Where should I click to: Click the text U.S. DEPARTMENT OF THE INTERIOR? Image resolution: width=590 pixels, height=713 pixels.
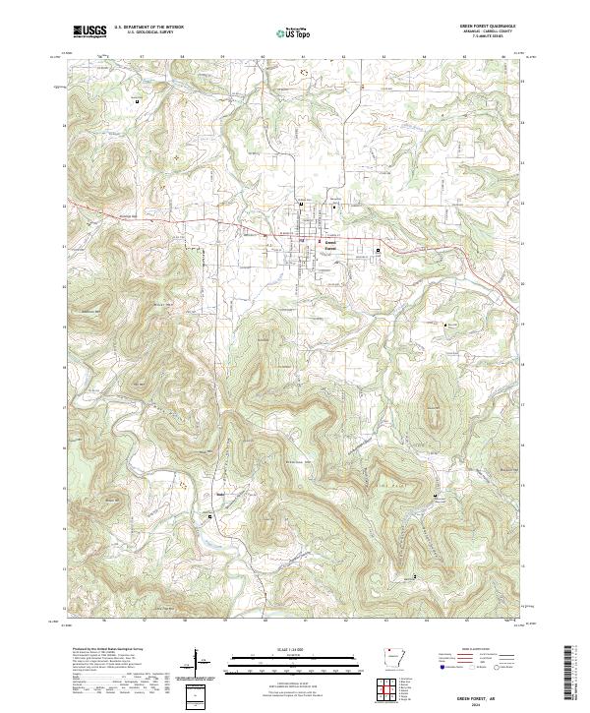pyautogui.click(x=148, y=28)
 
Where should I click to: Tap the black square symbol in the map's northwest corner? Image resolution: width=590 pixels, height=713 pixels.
pyautogui.click(x=137, y=101)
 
